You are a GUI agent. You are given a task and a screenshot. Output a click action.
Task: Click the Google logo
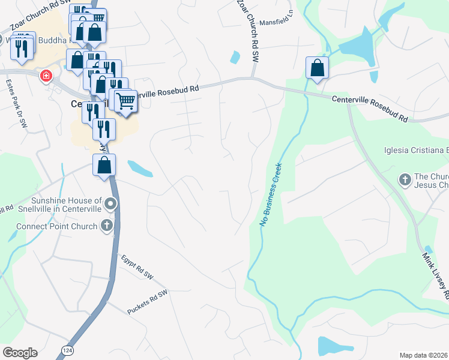(x=20, y=352)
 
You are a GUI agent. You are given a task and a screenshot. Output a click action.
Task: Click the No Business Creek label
(x=271, y=196)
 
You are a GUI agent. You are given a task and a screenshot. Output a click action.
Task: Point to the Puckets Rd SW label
(x=147, y=303)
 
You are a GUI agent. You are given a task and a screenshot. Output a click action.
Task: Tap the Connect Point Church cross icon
(x=107, y=226)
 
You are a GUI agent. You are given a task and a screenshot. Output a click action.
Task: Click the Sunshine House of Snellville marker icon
(x=110, y=205)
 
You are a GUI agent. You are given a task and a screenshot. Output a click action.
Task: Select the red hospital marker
(x=46, y=76)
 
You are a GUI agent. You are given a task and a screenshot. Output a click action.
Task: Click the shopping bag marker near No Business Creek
(x=317, y=68)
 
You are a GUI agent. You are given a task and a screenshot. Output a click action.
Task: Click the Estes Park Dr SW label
(x=16, y=104)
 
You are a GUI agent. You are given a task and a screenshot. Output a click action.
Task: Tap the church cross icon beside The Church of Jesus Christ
(x=405, y=179)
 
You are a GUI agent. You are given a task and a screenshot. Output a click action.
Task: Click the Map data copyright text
(x=423, y=355)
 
